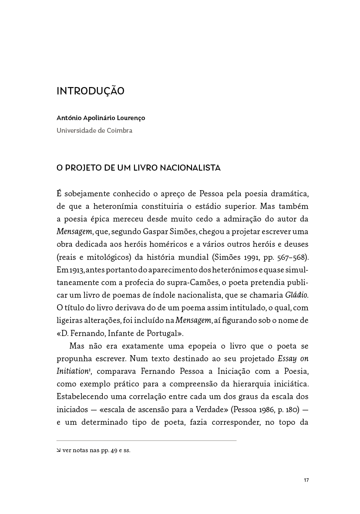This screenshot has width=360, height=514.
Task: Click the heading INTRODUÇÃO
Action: (91, 91)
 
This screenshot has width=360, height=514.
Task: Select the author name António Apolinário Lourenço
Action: (101, 118)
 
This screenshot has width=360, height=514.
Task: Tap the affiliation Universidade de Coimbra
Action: (94, 131)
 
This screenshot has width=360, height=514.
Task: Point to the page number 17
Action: (306, 480)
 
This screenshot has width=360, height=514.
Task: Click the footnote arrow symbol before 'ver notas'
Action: (59, 451)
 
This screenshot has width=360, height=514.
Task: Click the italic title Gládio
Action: (296, 295)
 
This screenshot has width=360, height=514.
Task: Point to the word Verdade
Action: (207, 410)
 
